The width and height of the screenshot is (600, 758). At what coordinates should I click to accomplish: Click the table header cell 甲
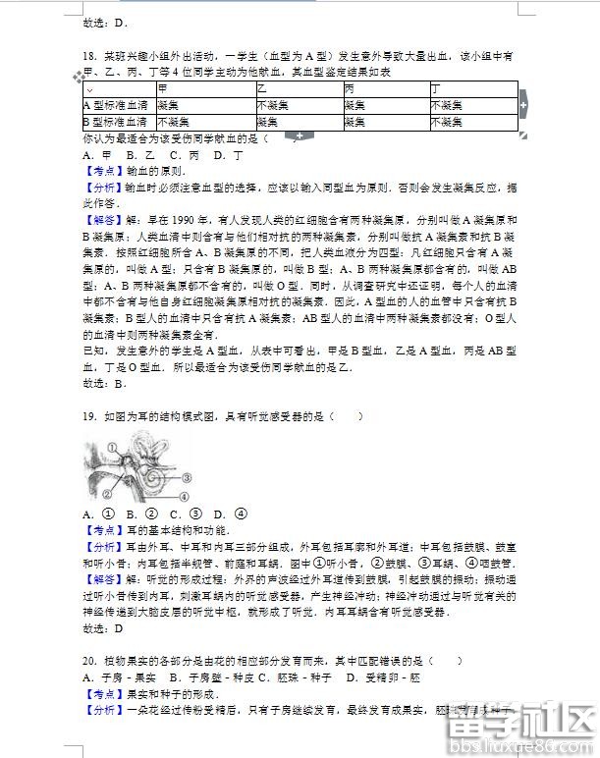(x=162, y=88)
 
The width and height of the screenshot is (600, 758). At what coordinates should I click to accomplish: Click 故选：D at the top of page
(x=105, y=22)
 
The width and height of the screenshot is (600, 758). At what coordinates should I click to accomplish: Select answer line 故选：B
(x=104, y=383)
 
